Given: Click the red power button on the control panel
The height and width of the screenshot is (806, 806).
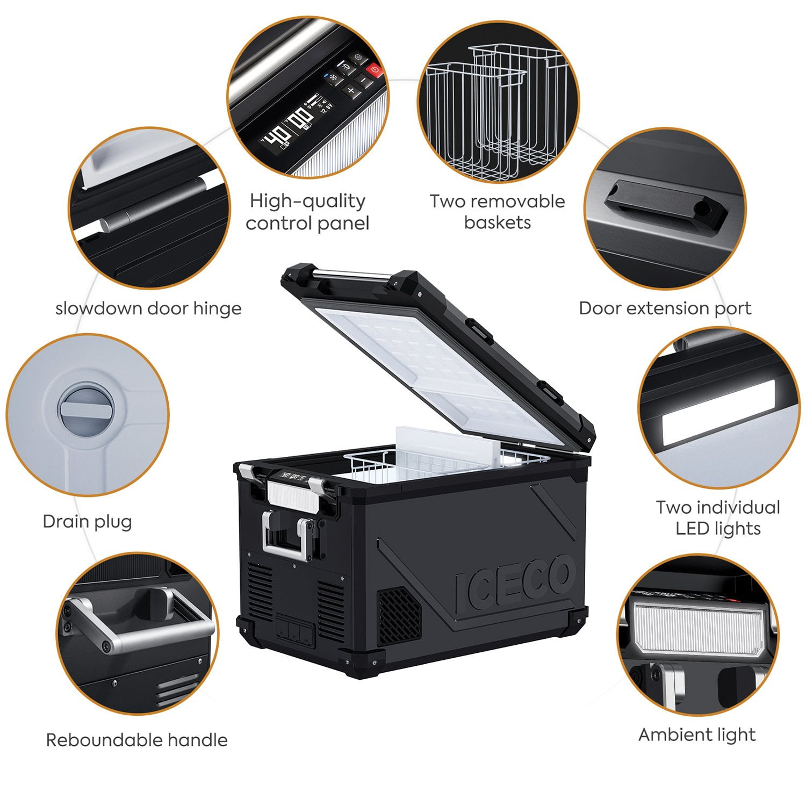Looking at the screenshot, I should (x=374, y=69).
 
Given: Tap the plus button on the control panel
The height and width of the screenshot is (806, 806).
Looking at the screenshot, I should (x=350, y=91).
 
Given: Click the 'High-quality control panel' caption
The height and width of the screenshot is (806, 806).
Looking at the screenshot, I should (x=307, y=212).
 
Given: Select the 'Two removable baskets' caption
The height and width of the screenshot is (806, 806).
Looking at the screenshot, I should (x=497, y=212).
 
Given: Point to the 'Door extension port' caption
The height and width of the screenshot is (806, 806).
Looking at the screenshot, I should (x=665, y=308).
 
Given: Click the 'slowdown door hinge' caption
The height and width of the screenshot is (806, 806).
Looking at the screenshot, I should (x=148, y=308).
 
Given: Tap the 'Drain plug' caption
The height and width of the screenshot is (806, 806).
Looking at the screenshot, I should (x=87, y=521).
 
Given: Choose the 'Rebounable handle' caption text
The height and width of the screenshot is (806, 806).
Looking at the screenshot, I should (x=136, y=740).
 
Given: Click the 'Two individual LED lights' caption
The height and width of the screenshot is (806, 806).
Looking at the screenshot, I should (x=718, y=517).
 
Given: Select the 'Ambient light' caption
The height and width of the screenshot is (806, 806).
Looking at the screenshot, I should (x=697, y=735).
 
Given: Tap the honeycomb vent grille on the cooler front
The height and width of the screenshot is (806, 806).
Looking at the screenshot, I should (x=399, y=615).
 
